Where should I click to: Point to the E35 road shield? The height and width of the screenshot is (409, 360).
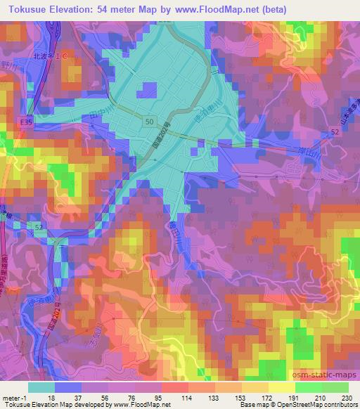25,122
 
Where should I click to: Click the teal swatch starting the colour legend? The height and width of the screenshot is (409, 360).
40,387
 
